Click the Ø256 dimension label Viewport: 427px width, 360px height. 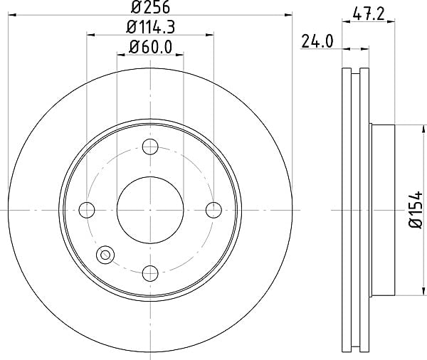150,7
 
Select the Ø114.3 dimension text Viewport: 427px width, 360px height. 150,27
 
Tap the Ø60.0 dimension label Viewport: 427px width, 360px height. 150,47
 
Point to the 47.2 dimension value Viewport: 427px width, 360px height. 368,14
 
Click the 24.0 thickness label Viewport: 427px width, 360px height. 317,41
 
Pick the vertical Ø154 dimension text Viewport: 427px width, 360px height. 416,209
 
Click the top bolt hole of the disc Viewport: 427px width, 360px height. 150,147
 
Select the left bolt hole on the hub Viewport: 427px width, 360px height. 87,210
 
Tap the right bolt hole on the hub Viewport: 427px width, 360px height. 213,210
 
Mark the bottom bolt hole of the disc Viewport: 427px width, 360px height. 150,273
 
